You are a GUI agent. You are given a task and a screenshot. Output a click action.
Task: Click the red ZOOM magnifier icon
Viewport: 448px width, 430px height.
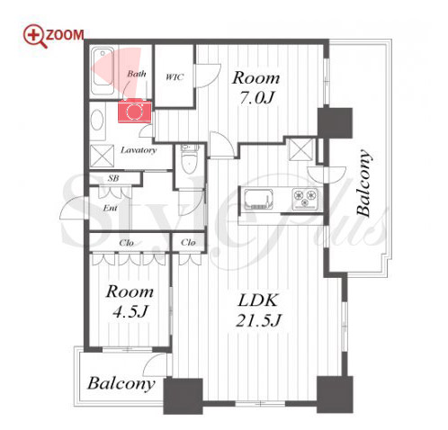coord(35,36)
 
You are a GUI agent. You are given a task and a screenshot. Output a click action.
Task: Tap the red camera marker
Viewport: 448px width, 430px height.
coord(134,111)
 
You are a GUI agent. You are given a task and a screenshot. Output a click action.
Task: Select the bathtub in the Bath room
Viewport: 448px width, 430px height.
coord(103,71)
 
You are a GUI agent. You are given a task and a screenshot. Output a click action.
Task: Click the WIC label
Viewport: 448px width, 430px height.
coord(175,77)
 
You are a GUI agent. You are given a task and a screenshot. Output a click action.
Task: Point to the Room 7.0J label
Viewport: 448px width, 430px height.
coord(256,87)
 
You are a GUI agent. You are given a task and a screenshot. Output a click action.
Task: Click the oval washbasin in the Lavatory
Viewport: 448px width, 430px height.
coord(97,120)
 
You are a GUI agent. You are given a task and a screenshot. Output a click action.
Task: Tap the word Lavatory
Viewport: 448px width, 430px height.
coord(139,150)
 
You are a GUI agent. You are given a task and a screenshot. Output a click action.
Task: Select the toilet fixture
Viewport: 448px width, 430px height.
coord(189,159)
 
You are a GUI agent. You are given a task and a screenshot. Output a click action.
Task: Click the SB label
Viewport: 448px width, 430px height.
coord(113,178)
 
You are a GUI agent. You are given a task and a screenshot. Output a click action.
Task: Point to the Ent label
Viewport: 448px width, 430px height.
coord(110,208)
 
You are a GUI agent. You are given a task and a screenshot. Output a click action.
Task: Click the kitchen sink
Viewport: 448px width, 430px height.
coord(259,199)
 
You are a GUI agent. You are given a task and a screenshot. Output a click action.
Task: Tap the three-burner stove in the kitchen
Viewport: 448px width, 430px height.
coord(305,198)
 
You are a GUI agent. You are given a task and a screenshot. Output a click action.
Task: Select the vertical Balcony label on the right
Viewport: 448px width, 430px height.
coord(363,183)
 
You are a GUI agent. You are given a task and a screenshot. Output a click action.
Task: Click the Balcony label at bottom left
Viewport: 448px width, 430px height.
coord(121,383)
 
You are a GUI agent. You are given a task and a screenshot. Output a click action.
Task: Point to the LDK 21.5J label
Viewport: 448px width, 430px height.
coord(258,310)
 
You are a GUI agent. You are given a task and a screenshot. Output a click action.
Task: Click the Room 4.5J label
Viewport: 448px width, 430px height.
coord(130,301)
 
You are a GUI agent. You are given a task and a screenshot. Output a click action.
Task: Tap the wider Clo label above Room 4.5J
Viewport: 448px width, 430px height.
coord(126,242)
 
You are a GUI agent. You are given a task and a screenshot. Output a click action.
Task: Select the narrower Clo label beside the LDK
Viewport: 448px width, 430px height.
coord(188,242)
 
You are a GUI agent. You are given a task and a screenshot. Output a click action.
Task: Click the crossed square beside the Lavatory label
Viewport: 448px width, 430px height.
coord(103,156)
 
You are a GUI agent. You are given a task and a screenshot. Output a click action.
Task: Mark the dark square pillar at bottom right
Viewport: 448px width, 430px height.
coord(335,394)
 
